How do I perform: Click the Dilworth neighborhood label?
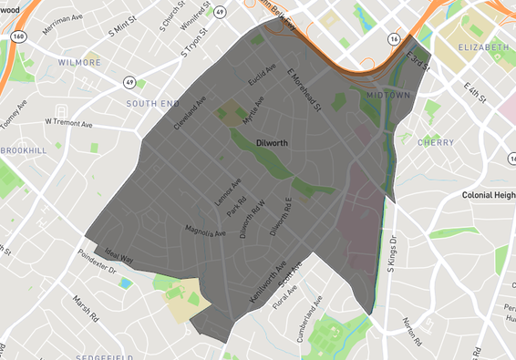coord(273,142)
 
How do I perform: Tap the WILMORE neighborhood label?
coord(79,63)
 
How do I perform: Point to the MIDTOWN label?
coord(389,95)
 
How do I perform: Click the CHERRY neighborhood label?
coord(435,142)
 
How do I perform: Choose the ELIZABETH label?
coord(483,46)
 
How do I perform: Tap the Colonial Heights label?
coord(489,195)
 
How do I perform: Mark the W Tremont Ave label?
coord(70,120)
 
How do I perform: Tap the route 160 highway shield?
coord(17,36)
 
